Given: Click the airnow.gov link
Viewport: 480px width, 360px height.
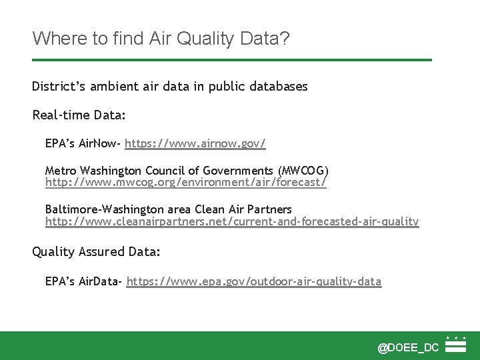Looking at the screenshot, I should pyautogui.click(x=195, y=143).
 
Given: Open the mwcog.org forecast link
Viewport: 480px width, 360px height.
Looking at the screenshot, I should pyautogui.click(x=185, y=181).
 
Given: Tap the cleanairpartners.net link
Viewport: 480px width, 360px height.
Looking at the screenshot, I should pyautogui.click(x=232, y=221).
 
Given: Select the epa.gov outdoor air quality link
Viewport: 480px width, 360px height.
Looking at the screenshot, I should pyautogui.click(x=254, y=281).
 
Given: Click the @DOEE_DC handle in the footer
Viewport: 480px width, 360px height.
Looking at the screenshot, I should pyautogui.click(x=408, y=347).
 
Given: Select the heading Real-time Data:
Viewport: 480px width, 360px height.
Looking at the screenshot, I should pyautogui.click(x=79, y=115).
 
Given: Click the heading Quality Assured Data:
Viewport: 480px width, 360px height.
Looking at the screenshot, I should pyautogui.click(x=97, y=251).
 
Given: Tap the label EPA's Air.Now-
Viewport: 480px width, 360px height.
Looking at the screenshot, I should pyautogui.click(x=83, y=143).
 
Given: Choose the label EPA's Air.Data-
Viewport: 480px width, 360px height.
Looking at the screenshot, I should pyautogui.click(x=83, y=281).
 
